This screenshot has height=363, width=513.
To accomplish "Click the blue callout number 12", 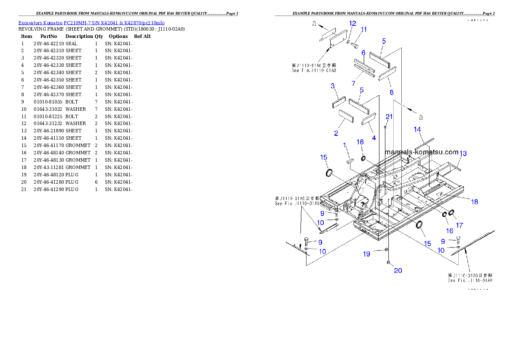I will coord(353,23).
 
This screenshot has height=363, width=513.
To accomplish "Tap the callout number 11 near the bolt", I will coord(364,30).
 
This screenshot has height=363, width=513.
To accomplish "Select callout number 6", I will coord(363,53).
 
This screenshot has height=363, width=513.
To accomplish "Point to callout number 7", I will coord(353,83).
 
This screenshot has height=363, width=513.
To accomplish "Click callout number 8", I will coord(391,92).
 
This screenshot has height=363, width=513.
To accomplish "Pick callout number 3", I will coord(333,86).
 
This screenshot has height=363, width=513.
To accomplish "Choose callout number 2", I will coord(336,134).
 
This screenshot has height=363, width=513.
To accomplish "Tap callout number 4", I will coord(374,138).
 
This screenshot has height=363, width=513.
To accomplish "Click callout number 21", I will coord(389,117).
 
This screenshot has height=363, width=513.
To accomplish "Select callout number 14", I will coord(417,129).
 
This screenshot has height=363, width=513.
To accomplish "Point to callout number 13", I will coord(463,153).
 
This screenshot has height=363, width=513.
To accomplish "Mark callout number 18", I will coord(474,202).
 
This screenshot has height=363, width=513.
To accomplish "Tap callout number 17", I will coord(460,225).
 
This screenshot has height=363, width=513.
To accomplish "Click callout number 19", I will coord(366,254).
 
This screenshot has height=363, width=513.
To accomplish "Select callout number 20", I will coord(398,271).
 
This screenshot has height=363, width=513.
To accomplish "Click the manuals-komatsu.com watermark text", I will coord(422,152).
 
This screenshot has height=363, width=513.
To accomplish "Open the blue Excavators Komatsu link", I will coord(91,23).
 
